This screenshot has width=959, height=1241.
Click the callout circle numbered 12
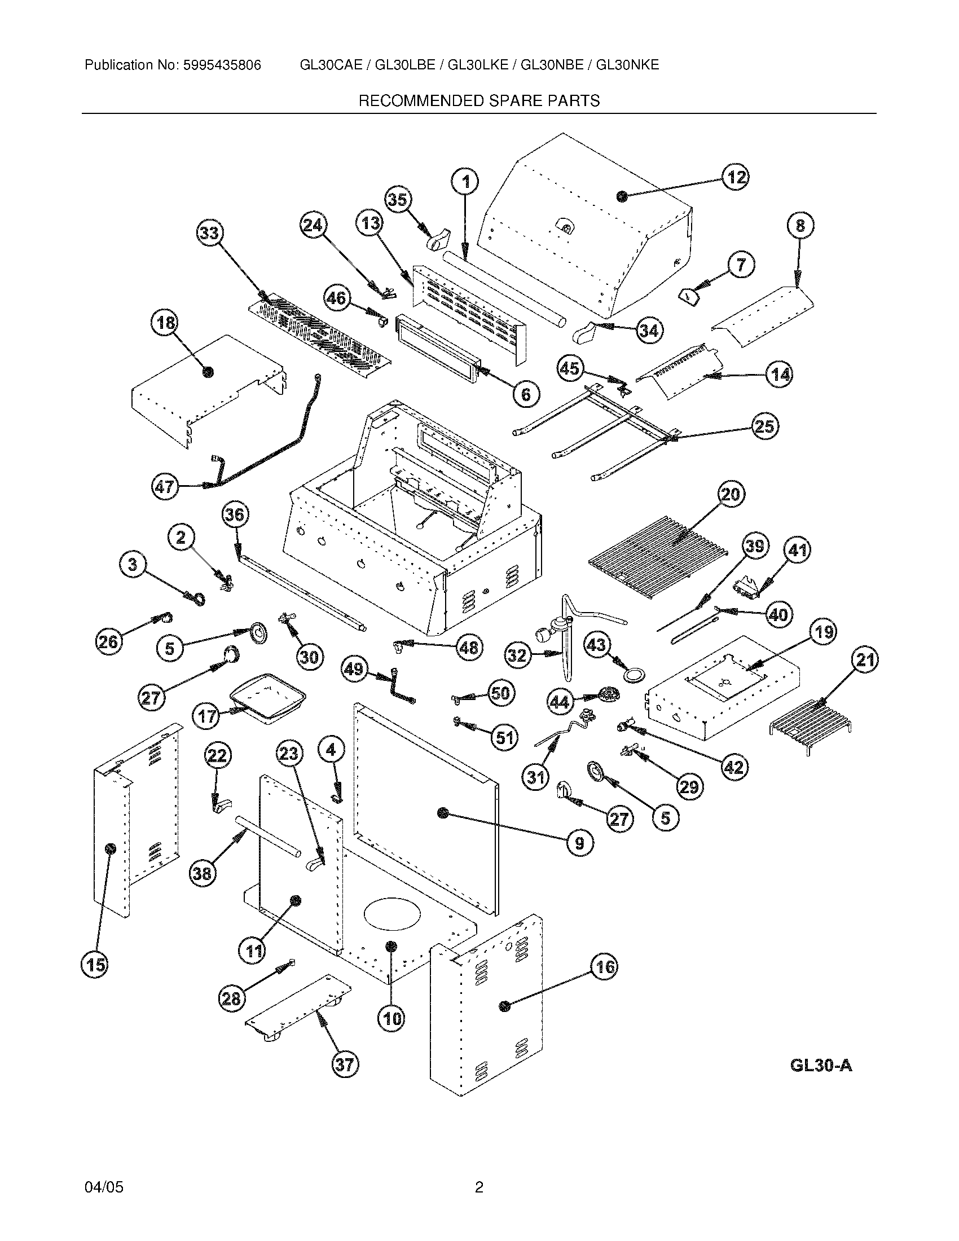[736, 177]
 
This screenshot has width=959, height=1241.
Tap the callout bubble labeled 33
[210, 234]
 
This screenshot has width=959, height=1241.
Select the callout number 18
[165, 323]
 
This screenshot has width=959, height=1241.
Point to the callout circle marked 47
[165, 487]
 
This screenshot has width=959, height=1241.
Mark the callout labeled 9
[579, 842]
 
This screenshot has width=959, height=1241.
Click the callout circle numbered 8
[800, 226]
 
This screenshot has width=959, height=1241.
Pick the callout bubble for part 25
[765, 425]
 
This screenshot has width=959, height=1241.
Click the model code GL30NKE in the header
[627, 65]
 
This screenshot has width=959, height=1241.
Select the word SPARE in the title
[515, 101]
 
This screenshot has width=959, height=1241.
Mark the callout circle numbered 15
[95, 964]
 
